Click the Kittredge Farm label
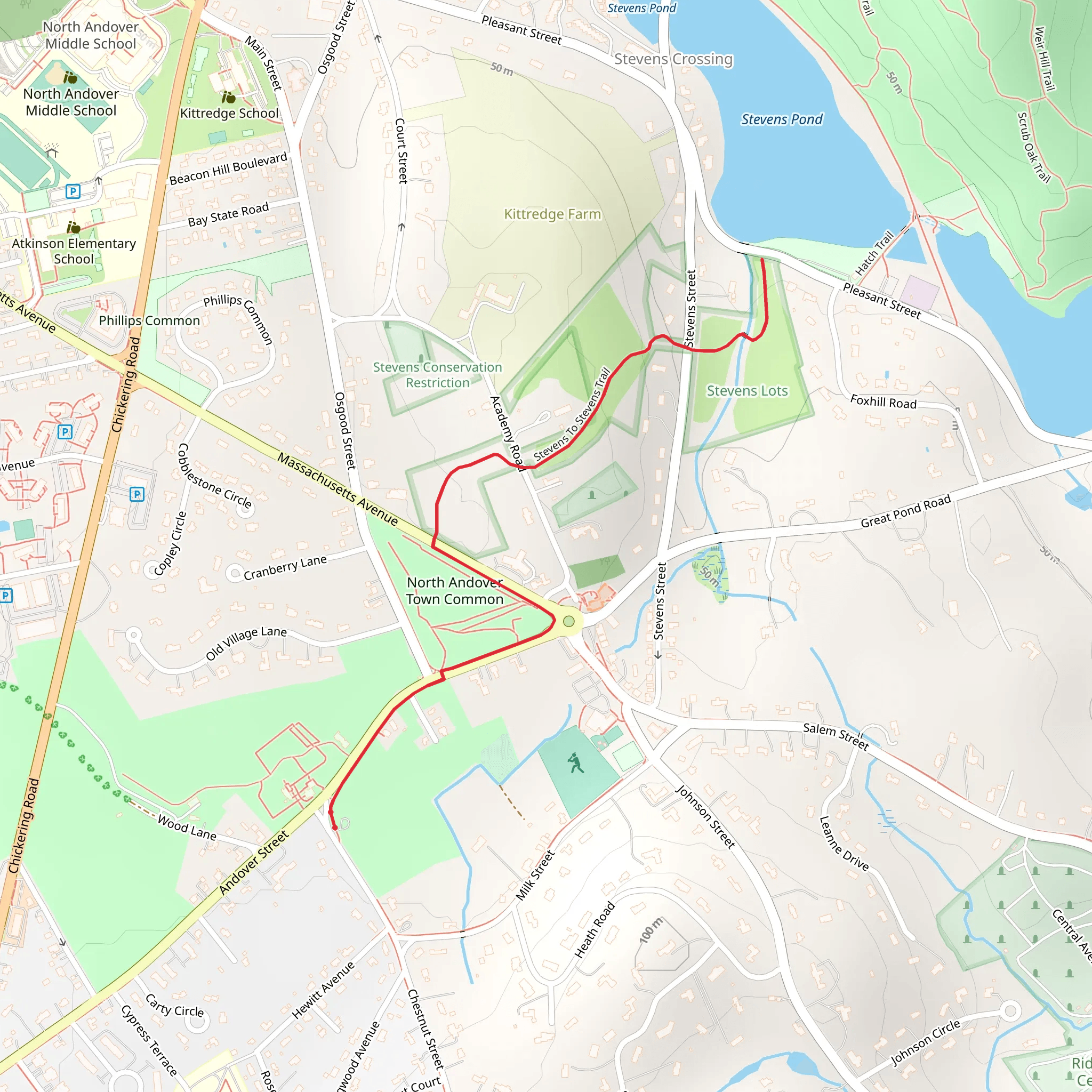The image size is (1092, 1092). (x=552, y=214)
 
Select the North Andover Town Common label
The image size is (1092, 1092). (x=454, y=591)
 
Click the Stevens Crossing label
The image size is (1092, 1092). (x=673, y=59)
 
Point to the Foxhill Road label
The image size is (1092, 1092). (x=883, y=402)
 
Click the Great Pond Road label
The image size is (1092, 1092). (x=905, y=511)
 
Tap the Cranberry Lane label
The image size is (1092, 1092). (x=285, y=567)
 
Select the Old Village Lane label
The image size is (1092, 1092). (x=246, y=643)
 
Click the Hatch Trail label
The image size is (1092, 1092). (x=874, y=253)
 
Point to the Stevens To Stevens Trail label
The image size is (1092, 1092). (x=573, y=414)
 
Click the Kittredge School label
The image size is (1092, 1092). (x=229, y=113)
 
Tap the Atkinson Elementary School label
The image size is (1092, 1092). (x=74, y=251)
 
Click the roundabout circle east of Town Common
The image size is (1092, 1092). (x=568, y=622)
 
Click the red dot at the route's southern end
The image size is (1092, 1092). (x=335, y=828)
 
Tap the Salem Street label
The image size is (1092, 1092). (x=836, y=736)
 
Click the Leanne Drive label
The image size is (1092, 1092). (x=844, y=843)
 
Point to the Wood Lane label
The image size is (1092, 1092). (x=187, y=828)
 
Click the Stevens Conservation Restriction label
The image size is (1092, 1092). (x=437, y=375)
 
